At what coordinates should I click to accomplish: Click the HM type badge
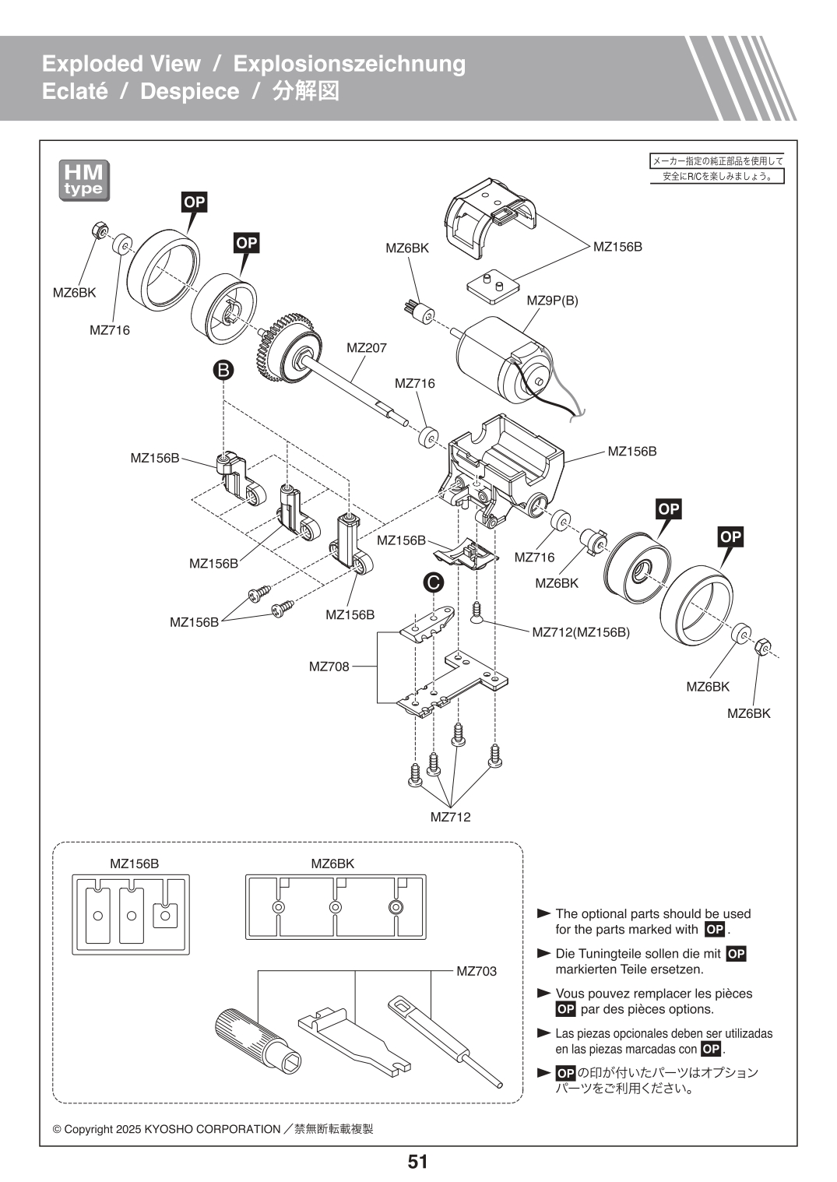pyautogui.click(x=84, y=181)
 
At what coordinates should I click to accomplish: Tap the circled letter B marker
pyautogui.click(x=223, y=370)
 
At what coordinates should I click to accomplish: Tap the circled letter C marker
pyautogui.click(x=433, y=582)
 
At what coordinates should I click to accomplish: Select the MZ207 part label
pyautogui.click(x=366, y=348)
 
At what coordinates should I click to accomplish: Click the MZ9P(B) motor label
pyautogui.click(x=552, y=301)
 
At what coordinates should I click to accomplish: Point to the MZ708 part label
pyautogui.click(x=329, y=667)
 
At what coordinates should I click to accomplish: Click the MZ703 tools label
pyautogui.click(x=477, y=971)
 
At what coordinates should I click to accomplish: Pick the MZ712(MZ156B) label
pyautogui.click(x=581, y=632)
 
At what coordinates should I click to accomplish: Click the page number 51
pyautogui.click(x=417, y=1162)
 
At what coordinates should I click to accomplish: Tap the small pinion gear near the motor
pyautogui.click(x=420, y=313)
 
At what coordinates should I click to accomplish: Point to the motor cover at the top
pyautogui.click(x=489, y=217)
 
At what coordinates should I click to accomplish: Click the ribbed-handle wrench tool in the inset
pyautogui.click(x=258, y=1040)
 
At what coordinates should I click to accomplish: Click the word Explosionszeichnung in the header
pyautogui.click(x=350, y=64)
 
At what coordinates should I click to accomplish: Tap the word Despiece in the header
pyautogui.click(x=189, y=91)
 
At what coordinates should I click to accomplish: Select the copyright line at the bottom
pyautogui.click(x=213, y=1129)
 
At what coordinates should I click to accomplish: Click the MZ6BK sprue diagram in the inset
pyautogui.click(x=336, y=907)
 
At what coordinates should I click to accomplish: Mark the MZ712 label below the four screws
pyautogui.click(x=450, y=817)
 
